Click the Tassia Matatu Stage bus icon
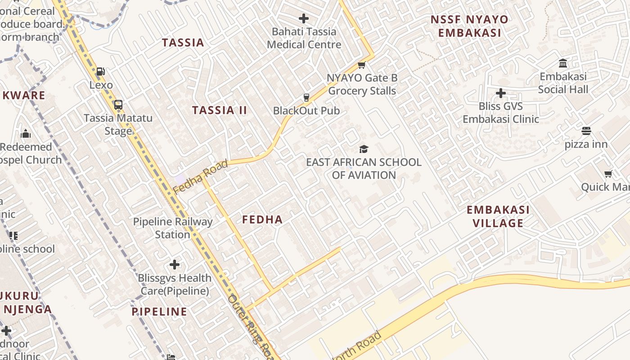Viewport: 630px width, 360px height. point(118,105)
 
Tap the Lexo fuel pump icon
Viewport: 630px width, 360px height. point(101,72)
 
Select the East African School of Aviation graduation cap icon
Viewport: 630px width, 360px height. point(364,149)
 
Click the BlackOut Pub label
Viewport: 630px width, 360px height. point(306,111)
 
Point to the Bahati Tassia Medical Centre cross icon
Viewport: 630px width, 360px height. point(304,18)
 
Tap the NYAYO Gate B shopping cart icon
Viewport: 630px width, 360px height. point(361,65)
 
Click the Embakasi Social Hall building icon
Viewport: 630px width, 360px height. point(563,63)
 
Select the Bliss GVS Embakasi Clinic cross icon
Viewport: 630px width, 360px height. point(500,93)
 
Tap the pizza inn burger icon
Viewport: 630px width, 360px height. point(586,131)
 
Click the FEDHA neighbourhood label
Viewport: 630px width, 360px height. point(262,220)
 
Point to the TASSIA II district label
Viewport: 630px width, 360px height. point(220,110)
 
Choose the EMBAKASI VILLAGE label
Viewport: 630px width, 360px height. point(498,216)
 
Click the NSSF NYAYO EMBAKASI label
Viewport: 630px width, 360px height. point(469,26)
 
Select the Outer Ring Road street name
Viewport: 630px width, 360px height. point(250,326)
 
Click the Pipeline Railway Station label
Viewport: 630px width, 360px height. point(173,228)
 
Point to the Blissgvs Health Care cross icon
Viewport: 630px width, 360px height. point(175,265)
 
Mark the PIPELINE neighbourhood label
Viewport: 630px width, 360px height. point(159,311)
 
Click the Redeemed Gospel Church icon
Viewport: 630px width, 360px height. point(26,134)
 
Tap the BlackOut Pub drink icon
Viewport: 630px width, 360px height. point(306,98)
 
